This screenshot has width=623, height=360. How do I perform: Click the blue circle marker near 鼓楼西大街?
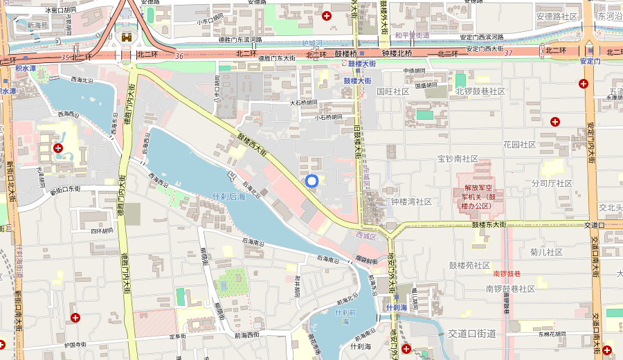click(x=311, y=181)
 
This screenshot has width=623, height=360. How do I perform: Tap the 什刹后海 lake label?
click(x=229, y=196)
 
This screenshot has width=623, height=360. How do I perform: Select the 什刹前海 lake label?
click(x=345, y=316)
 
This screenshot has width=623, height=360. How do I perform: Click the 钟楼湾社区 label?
click(x=411, y=201)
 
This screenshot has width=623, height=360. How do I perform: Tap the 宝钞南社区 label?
click(x=458, y=159)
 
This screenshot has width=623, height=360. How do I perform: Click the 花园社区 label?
click(x=519, y=145)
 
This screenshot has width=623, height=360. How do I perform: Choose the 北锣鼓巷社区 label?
click(x=480, y=91)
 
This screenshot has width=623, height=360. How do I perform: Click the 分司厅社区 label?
click(x=552, y=183)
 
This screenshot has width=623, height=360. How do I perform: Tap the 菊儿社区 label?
click(x=546, y=252)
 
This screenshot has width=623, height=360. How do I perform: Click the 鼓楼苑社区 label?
click(x=469, y=265)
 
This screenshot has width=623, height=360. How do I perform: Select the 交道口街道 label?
click(x=472, y=334)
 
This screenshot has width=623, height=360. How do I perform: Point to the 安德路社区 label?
click(x=557, y=16)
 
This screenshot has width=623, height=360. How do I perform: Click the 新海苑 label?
click(x=38, y=25)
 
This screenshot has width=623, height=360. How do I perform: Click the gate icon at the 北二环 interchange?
click(x=127, y=36)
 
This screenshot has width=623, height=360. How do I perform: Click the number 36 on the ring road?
click(x=179, y=56)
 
